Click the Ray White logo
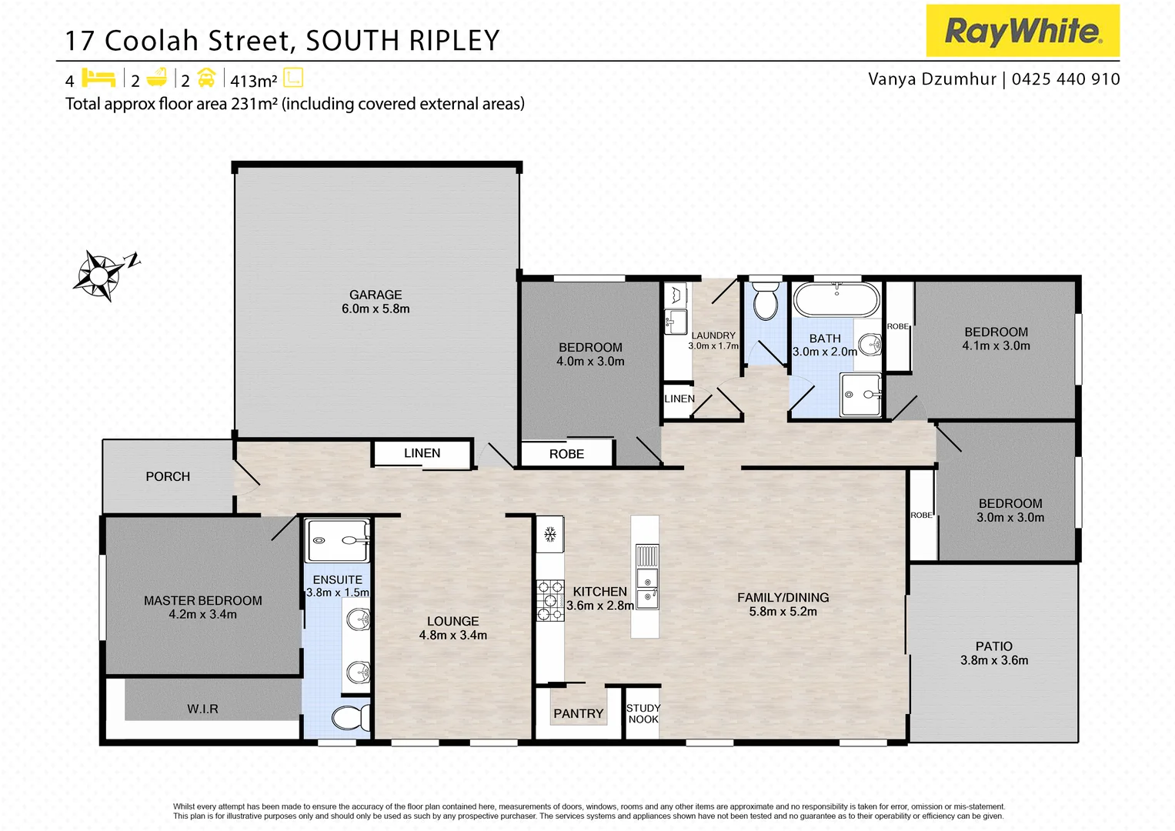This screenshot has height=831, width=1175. tap(1022, 31)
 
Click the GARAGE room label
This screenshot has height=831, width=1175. tap(376, 295)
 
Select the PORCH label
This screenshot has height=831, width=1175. tap(168, 476)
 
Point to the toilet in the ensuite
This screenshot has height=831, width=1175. tap(350, 718)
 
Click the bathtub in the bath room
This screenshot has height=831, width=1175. tap(836, 300)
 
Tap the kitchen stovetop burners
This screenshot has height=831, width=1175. tap(550, 600)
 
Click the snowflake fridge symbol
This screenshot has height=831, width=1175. tap(550, 534)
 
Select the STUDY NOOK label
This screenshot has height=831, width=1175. tap(643, 713)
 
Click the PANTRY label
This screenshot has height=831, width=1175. tap(578, 713)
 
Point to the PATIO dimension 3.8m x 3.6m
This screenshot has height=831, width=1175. tap(994, 660)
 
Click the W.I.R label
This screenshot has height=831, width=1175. tap(202, 709)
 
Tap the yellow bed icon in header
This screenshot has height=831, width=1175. tap(98, 78)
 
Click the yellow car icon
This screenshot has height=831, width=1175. tap(206, 78)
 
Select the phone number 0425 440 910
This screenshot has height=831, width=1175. tap(1066, 79)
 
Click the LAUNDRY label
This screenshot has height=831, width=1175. tap(713, 335)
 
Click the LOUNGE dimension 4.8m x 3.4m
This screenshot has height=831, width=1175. tap(452, 635)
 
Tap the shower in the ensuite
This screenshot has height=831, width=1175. tap(338, 540)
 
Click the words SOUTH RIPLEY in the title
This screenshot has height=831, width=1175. tap(402, 41)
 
